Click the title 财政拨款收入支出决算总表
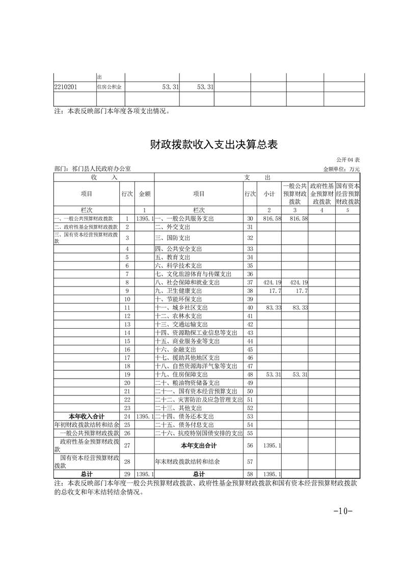coord(213,145)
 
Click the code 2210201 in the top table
coord(65,87)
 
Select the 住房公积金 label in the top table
coord(110,87)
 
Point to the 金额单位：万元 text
coord(341,169)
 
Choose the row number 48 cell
coord(250,375)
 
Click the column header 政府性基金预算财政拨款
coord(321,194)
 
